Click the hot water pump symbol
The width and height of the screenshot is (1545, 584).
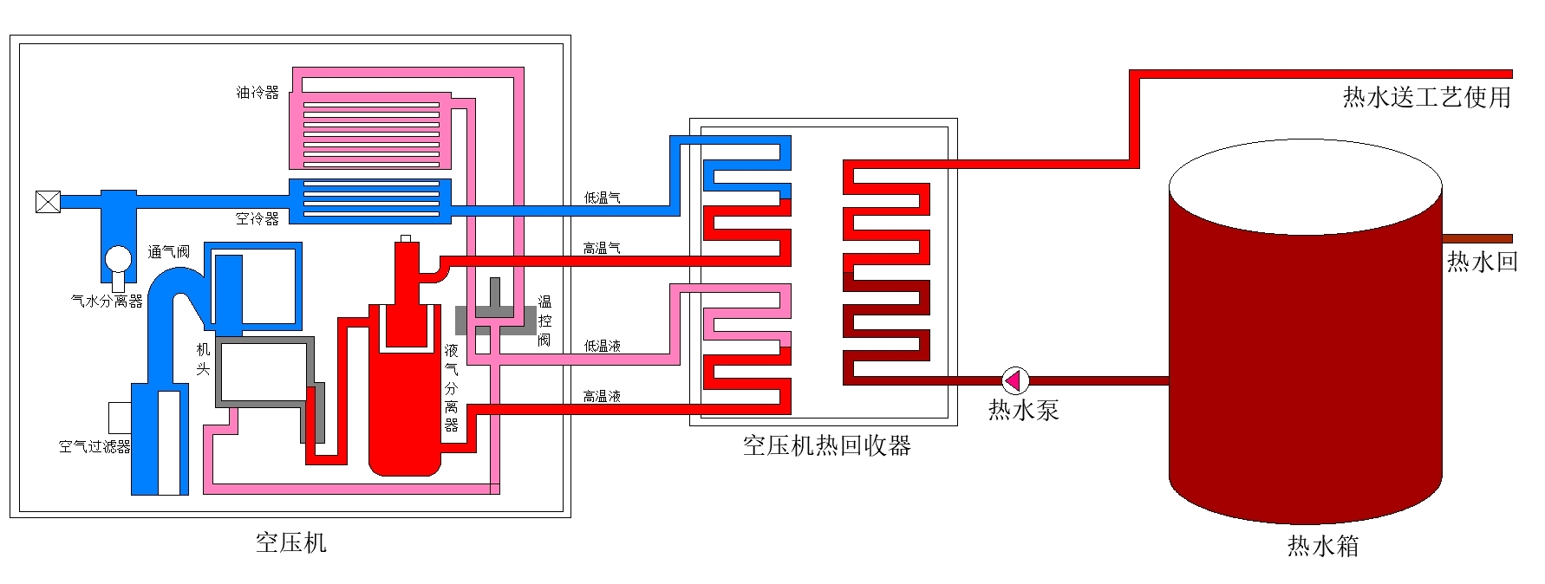(x=1015, y=380)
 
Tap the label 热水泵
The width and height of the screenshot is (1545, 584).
(x=1024, y=410)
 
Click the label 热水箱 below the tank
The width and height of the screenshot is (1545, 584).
(x=1322, y=546)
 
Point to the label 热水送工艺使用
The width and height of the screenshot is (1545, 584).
(x=1427, y=97)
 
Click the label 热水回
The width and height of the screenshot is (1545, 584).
(x=1483, y=262)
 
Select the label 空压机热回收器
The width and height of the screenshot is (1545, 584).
(x=826, y=445)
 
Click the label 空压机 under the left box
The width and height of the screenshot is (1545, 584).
(x=290, y=542)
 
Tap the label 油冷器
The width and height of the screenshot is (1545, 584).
(x=257, y=92)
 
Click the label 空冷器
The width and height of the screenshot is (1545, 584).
(x=257, y=218)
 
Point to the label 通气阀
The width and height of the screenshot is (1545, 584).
(x=169, y=252)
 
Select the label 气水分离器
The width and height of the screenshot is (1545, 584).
(x=107, y=302)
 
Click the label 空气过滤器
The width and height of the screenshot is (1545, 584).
(x=95, y=446)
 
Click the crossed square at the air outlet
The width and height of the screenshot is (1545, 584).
(x=48, y=202)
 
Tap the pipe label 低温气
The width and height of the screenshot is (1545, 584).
(x=602, y=198)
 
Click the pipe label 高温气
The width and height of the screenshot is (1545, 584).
(x=602, y=249)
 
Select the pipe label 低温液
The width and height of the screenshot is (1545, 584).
(x=602, y=346)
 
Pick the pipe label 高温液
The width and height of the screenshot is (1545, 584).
(x=602, y=397)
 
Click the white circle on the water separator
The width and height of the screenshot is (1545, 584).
(x=118, y=258)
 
